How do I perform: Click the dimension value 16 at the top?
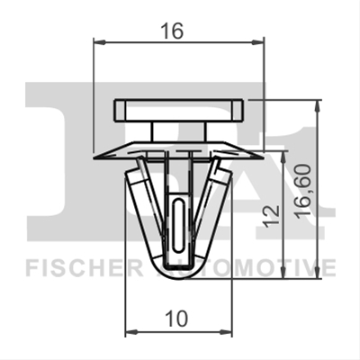(172, 31)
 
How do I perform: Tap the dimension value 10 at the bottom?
(177, 319)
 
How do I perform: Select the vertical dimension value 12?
(273, 216)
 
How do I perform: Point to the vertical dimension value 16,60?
(302, 191)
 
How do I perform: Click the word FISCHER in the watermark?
(85, 267)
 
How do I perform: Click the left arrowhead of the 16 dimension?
(100, 42)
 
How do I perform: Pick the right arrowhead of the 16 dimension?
(257, 42)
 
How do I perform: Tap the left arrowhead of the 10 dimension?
(131, 332)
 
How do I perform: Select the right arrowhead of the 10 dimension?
(226, 332)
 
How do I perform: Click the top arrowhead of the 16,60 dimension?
(318, 106)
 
